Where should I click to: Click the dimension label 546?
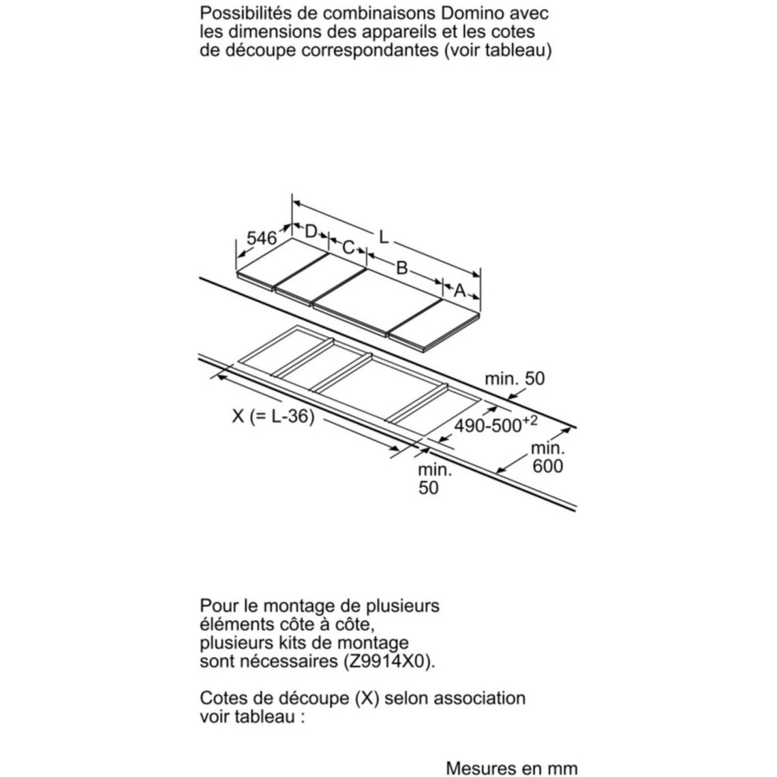(x=262, y=238)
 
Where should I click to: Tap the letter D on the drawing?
(x=311, y=231)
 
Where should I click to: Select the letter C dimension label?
(x=348, y=247)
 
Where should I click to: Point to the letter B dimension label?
(x=402, y=268)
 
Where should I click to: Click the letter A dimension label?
(x=460, y=290)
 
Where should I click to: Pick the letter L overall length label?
(x=383, y=237)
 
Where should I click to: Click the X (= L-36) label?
(x=273, y=416)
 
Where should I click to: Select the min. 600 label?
(x=547, y=457)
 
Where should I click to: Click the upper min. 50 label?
(x=515, y=378)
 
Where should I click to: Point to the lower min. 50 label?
(x=435, y=478)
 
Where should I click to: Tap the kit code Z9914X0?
(x=386, y=662)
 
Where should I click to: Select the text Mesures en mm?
(x=511, y=767)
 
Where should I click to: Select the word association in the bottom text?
(x=479, y=698)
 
